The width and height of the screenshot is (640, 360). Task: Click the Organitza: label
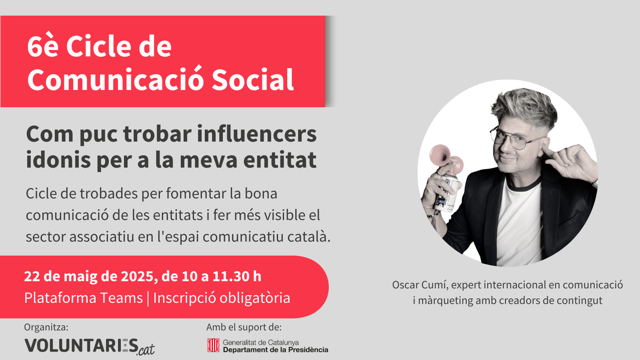[x=46, y=327]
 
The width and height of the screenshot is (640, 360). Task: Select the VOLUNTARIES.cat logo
[x=90, y=346]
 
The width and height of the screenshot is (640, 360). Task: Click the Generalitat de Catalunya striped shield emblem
[x=213, y=345]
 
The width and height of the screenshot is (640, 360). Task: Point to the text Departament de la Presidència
[x=276, y=350]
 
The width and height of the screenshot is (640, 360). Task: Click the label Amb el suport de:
[x=244, y=327]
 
